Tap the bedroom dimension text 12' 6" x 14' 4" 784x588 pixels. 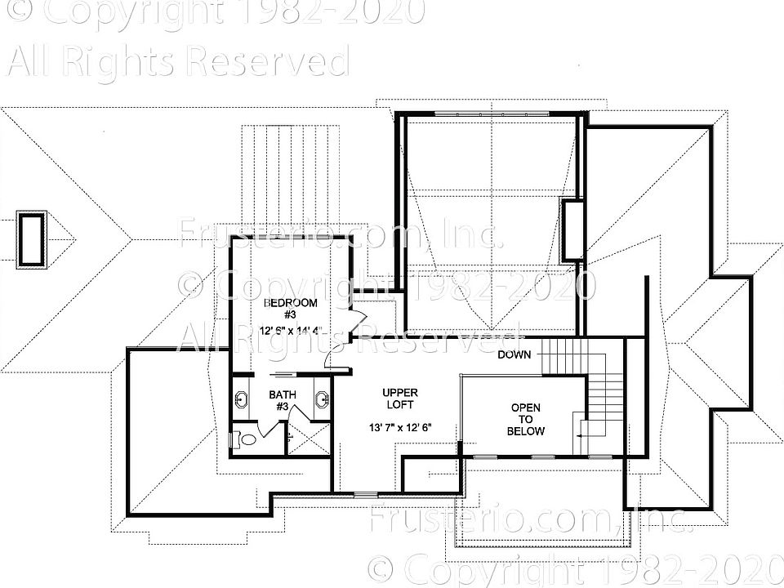[292, 331]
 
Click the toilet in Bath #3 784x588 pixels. [245, 439]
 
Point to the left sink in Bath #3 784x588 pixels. [242, 399]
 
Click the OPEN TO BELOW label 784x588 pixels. [526, 419]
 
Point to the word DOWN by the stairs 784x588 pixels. [514, 354]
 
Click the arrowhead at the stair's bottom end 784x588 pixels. [577, 438]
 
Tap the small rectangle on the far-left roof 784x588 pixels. [32, 238]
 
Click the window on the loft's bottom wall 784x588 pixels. [365, 494]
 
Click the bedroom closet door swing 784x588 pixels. [359, 321]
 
